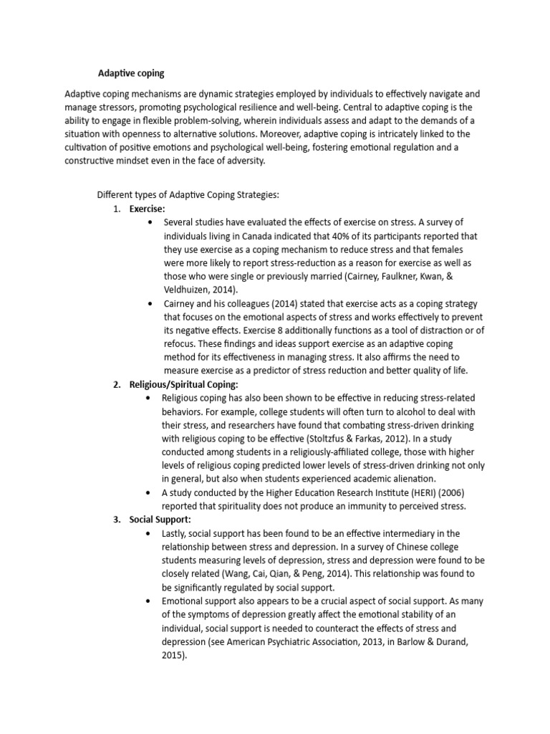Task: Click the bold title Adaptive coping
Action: point(130,72)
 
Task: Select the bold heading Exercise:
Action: point(147,209)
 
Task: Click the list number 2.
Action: point(116,385)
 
